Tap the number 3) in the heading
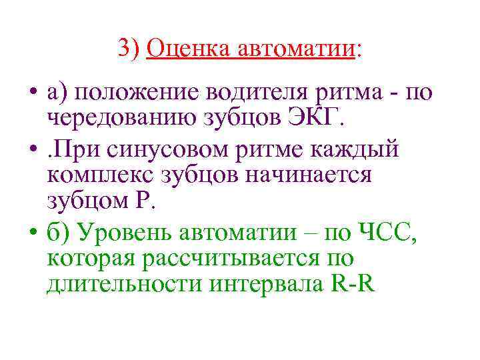tap(129, 48)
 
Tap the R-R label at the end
tap(352, 285)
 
